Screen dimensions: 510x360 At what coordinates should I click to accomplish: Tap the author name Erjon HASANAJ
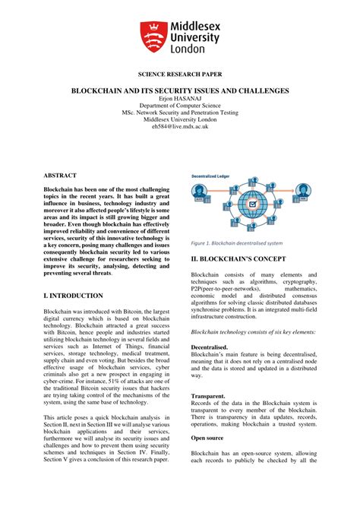(x=180, y=98)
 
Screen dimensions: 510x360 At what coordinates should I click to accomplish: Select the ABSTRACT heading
(x=60, y=175)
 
